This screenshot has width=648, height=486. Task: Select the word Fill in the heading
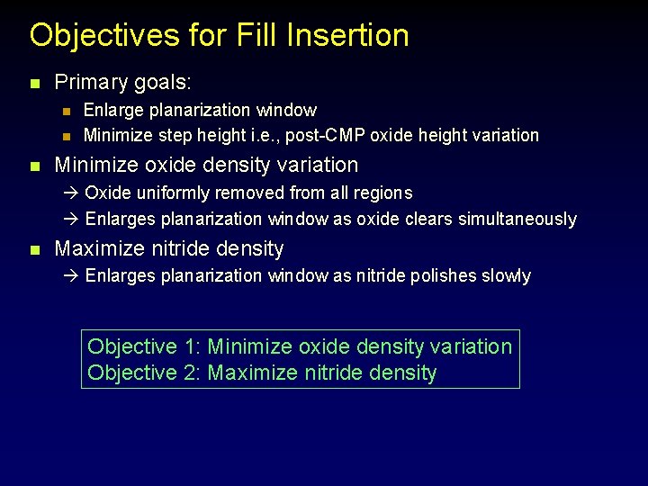point(255,36)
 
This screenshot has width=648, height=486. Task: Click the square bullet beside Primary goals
point(34,84)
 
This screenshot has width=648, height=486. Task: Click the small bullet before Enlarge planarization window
point(65,111)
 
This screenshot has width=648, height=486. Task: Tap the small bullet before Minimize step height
point(65,136)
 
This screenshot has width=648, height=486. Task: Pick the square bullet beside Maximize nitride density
point(34,249)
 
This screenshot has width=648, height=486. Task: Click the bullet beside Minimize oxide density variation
point(34,166)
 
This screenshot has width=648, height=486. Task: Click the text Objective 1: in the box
point(144,346)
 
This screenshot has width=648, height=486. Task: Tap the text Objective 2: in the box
point(144,373)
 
